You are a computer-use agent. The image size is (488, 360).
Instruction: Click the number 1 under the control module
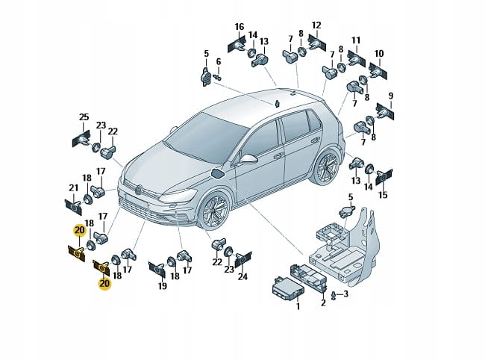(298, 306)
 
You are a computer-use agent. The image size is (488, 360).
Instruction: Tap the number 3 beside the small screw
(345, 294)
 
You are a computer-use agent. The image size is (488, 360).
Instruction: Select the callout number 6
(219, 62)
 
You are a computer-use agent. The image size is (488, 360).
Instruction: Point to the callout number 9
(391, 96)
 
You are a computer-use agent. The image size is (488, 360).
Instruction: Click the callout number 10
(379, 54)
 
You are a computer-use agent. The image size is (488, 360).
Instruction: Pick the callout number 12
(316, 25)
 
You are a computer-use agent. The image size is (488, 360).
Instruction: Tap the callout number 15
(383, 195)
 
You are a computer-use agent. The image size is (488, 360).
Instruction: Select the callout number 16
(240, 26)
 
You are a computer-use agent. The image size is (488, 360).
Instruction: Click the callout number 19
(163, 285)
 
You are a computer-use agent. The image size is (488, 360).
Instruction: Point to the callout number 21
(73, 187)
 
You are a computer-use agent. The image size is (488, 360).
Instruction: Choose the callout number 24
(243, 276)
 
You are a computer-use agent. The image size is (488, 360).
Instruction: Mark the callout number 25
(84, 117)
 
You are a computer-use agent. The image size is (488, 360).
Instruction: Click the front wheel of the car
(214, 209)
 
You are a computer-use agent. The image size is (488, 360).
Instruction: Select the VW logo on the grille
(139, 190)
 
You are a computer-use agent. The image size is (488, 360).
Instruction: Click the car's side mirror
(248, 159)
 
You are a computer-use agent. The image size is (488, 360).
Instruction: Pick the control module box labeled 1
(287, 288)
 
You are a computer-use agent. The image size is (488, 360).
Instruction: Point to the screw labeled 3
(334, 296)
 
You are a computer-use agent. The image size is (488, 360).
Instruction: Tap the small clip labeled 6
(218, 77)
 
